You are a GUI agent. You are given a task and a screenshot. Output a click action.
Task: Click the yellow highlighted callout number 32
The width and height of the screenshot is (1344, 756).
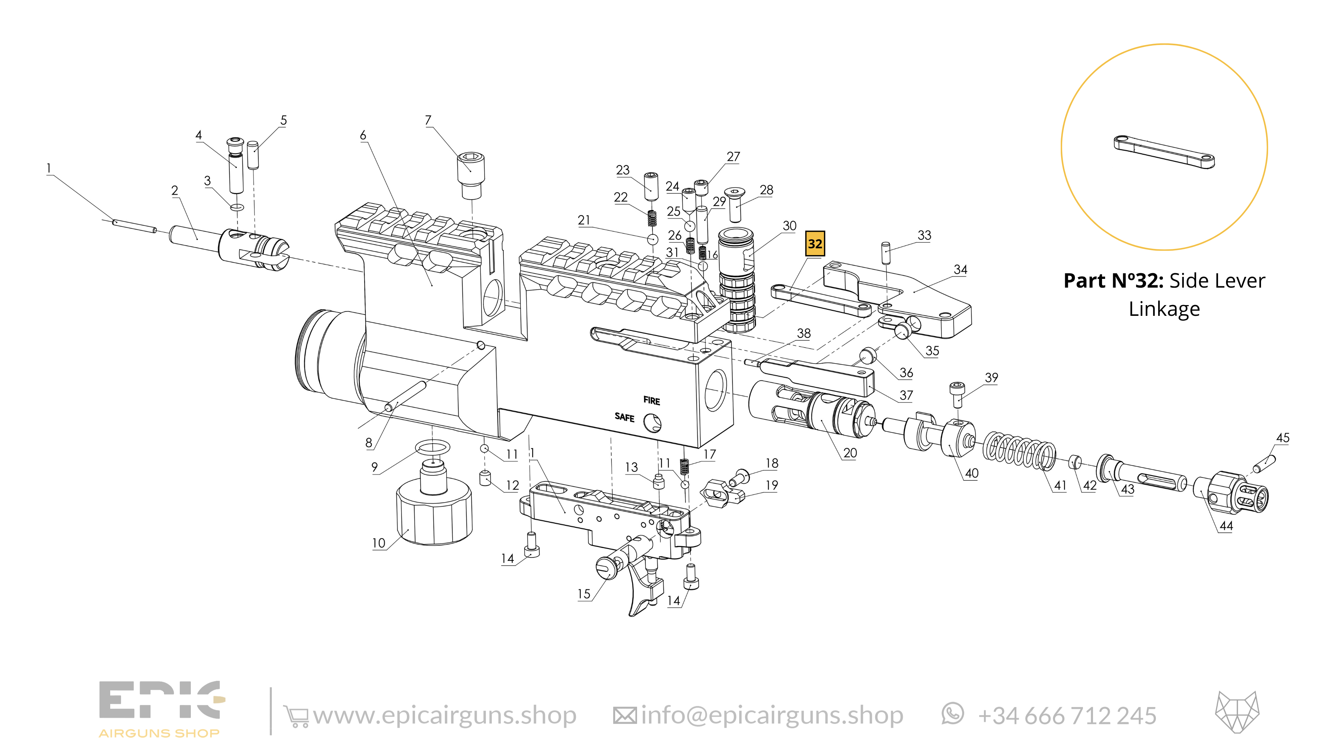814,244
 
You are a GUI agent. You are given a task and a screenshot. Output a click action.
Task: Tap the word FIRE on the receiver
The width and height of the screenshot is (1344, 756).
652,401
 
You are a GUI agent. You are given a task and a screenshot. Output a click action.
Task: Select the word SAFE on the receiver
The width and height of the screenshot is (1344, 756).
625,417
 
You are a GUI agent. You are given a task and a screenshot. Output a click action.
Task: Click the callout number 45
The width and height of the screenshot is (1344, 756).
1283,438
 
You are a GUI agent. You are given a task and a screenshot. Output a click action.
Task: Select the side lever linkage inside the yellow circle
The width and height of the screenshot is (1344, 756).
1164,152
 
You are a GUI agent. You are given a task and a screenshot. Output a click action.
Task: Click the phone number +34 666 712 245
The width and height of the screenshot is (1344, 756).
1067,716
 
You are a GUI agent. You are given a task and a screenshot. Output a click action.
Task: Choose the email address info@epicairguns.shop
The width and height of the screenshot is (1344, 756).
772,715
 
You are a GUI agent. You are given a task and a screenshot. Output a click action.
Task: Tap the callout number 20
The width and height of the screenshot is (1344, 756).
850,453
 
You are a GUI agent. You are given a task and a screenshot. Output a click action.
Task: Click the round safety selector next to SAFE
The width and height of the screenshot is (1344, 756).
652,423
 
